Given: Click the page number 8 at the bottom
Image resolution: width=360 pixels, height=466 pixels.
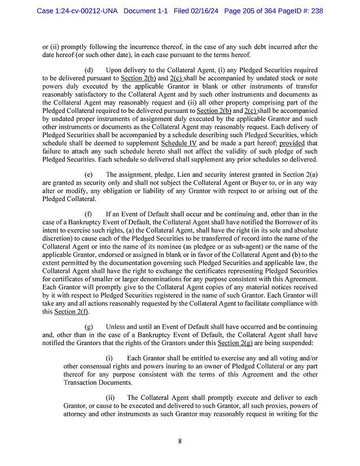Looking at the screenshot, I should (x=179, y=441).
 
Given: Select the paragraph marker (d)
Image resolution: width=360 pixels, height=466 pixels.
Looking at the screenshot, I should (x=88, y=69).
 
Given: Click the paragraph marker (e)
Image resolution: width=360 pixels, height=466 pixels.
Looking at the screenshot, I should (x=88, y=175).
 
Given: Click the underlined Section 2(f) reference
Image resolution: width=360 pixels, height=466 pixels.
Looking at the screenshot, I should (x=71, y=312).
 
